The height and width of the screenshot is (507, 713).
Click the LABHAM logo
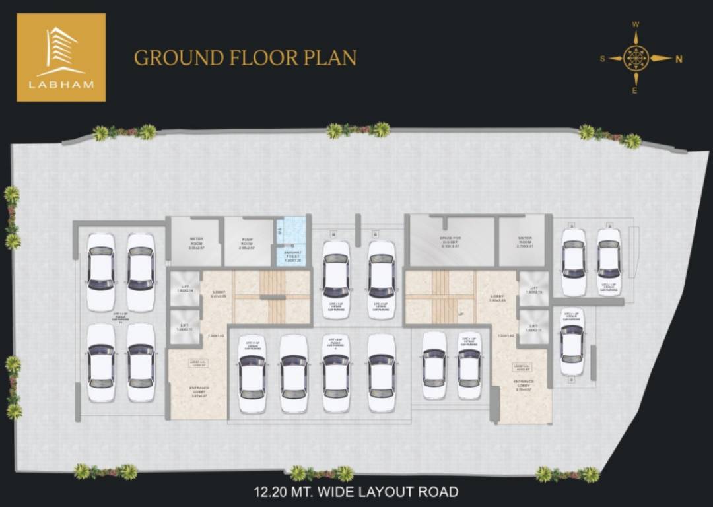pos(61,57)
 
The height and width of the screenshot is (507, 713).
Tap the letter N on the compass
pos(679,59)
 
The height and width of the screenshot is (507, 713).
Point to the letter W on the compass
pos(636,24)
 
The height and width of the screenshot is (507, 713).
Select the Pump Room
pos(248,241)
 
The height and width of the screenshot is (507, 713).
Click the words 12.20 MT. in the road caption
pos(283,492)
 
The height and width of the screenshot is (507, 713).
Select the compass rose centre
pos(636,58)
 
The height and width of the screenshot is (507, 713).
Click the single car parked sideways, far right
pos(572,342)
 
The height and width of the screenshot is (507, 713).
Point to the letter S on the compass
pos(602,59)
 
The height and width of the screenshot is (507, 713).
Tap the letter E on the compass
pos(635,91)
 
